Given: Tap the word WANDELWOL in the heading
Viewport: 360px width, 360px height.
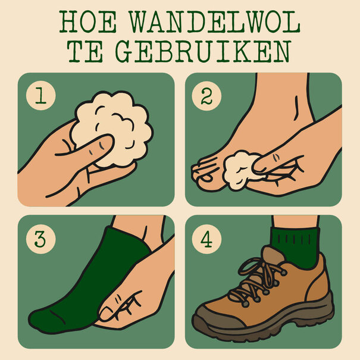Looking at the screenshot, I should tap(215, 22).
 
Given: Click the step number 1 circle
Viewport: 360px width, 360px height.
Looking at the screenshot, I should tap(40, 96).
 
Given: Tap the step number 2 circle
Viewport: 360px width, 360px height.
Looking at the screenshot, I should tap(206, 96).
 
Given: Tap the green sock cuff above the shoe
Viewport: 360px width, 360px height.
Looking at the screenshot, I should tap(295, 241).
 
